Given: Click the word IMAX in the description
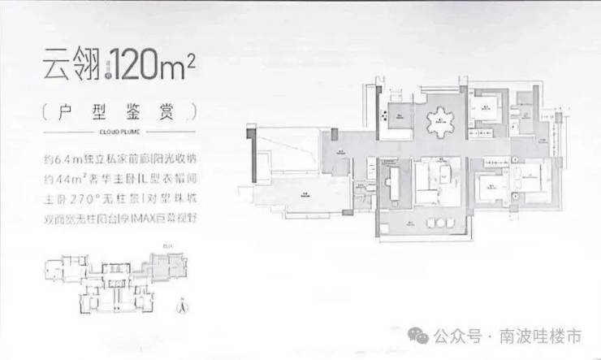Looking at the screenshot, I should tap(156, 219).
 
